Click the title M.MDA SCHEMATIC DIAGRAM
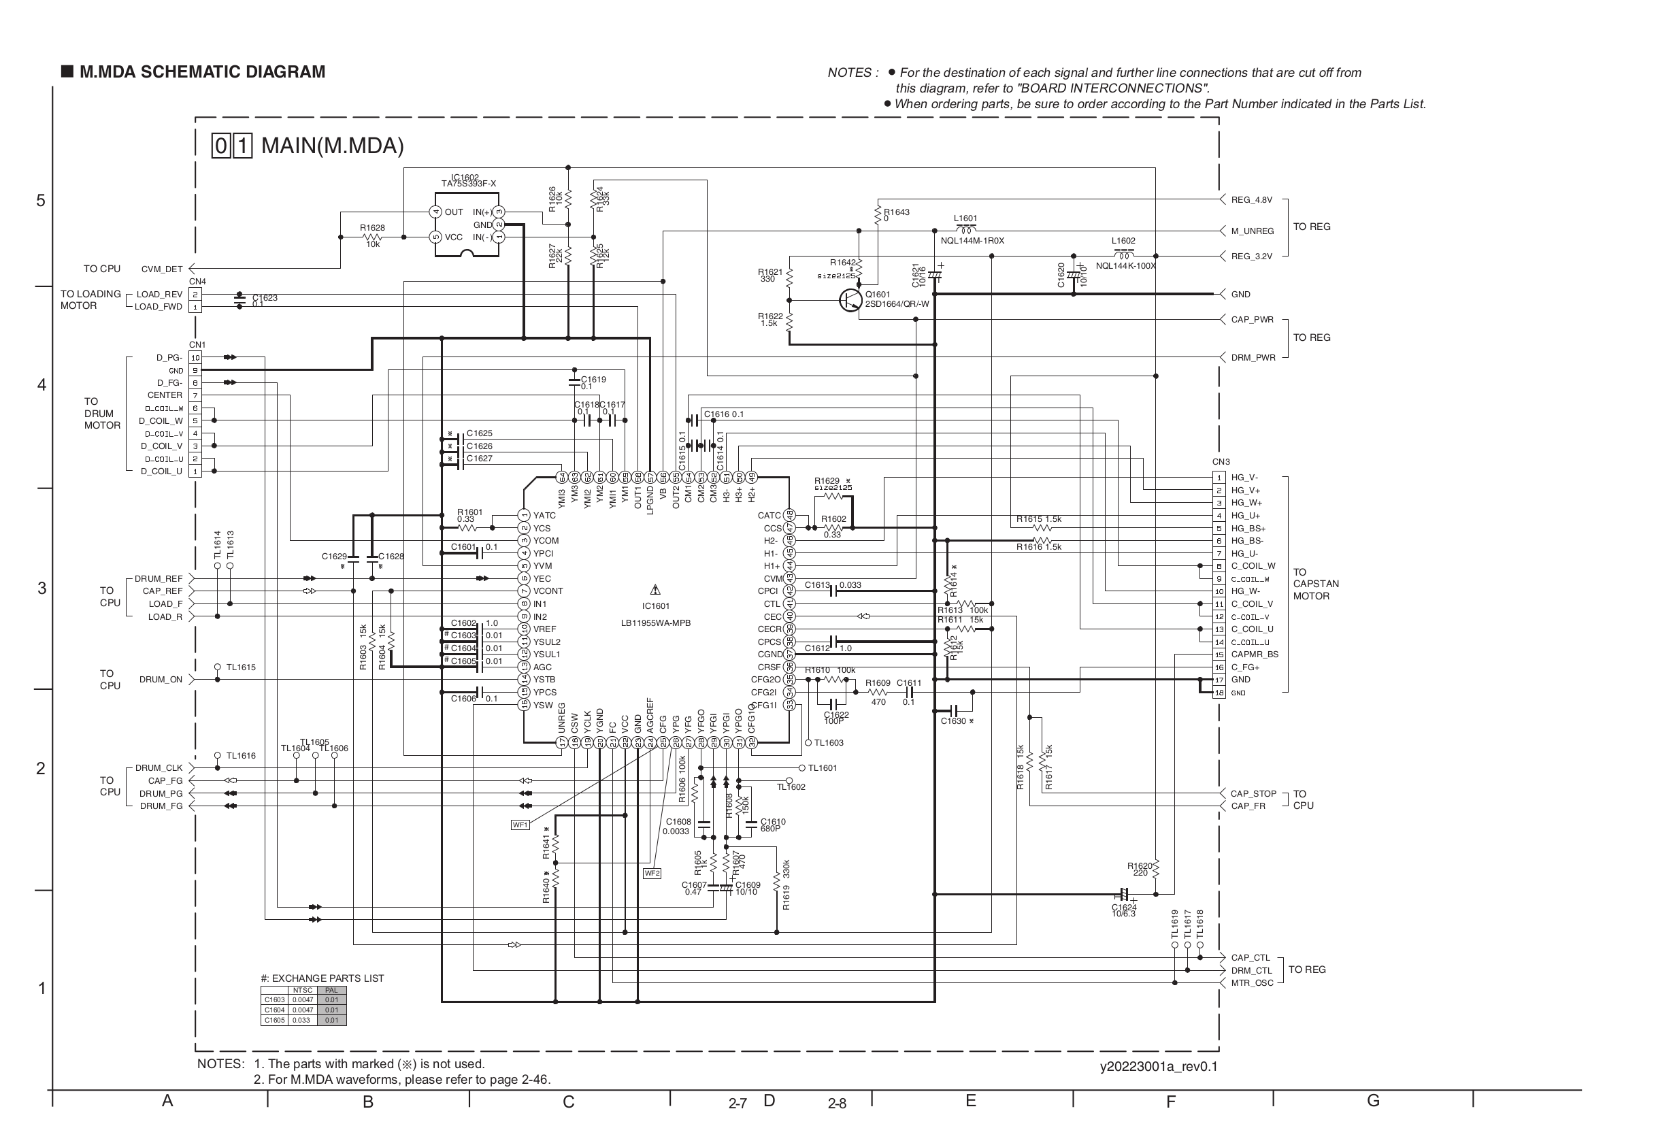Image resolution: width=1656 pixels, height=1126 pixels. pos(201,72)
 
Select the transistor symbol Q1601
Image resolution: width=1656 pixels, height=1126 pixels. pos(850,300)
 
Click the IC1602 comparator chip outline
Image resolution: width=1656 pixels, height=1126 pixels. pos(467,225)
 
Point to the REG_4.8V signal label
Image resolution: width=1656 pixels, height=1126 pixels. pos(1251,200)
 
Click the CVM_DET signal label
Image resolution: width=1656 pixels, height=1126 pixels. pos(162,269)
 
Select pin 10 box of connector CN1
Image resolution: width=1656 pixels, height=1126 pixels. pos(195,358)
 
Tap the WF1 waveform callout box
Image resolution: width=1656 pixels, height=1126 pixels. pos(520,825)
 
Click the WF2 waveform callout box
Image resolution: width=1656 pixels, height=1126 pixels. pos(651,873)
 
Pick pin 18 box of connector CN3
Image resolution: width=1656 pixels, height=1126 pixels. pos(1219,693)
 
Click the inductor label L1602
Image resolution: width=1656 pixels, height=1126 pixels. pos(1123,241)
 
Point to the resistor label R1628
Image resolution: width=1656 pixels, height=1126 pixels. pos(372,228)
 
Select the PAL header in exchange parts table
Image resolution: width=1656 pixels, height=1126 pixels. pos(331,990)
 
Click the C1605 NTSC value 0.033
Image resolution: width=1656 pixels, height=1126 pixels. pos(302,1020)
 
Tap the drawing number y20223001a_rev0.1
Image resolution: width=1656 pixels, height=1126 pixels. pos(1159,1066)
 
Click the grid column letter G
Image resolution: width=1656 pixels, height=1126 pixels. pos(1372,1100)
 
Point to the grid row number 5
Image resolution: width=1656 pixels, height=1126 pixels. pos(41,200)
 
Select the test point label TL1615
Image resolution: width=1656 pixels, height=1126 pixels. pos(241,667)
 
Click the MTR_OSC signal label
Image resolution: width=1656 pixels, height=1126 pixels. pos(1251,982)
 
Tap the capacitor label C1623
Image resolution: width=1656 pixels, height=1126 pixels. pos(265,298)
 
